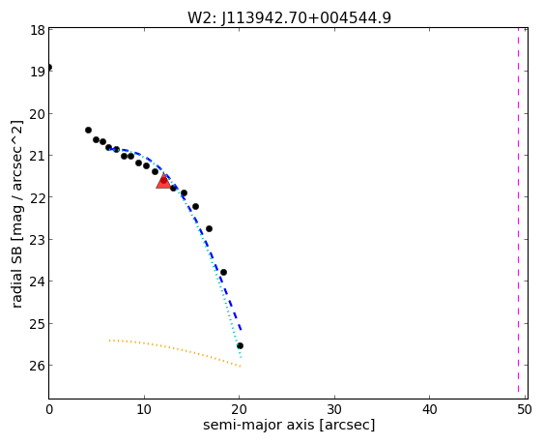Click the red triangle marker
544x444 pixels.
click(x=163, y=181)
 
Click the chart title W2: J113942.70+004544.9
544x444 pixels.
click(x=289, y=17)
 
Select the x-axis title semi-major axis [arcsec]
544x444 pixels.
click(x=289, y=426)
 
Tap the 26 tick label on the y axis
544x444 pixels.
click(x=37, y=366)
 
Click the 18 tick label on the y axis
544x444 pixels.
click(x=37, y=30)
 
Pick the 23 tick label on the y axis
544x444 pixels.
click(x=37, y=240)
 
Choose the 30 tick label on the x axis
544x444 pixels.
click(x=334, y=410)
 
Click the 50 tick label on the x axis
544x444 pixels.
click(x=525, y=410)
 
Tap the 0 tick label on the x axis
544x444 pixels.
click(x=49, y=410)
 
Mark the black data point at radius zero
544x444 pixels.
click(x=49, y=67)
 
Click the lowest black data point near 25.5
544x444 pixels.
click(x=240, y=345)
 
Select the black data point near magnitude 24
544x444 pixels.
click(x=223, y=272)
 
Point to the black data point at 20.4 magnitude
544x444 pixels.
click(x=88, y=130)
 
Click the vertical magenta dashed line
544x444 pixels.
click(x=518, y=214)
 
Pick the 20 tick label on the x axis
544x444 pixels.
click(x=239, y=410)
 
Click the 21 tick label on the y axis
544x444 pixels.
click(x=37, y=156)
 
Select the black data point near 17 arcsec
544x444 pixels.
click(x=209, y=228)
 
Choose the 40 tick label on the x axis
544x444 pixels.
click(x=430, y=410)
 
